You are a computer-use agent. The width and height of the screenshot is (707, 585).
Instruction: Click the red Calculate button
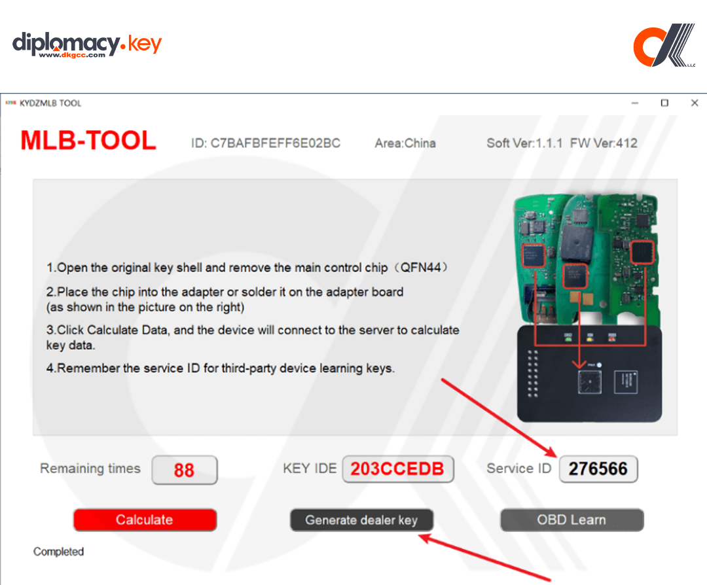point(145,520)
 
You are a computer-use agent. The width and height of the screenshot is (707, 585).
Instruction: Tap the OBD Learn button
point(571,520)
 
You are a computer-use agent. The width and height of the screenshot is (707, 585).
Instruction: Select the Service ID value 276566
point(598,469)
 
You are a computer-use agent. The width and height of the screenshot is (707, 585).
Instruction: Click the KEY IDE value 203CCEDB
point(397,469)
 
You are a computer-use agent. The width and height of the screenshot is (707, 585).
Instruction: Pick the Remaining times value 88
point(184,470)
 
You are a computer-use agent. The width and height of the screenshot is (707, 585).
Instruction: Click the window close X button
point(695,103)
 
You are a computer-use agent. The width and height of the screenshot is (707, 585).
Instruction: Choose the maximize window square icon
point(664,103)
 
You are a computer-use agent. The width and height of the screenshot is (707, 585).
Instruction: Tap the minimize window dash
point(634,103)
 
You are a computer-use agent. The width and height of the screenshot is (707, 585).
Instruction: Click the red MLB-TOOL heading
point(88,141)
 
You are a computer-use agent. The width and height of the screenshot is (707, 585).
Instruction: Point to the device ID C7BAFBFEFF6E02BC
point(266,143)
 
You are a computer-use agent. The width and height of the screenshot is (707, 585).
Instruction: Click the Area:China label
point(405,143)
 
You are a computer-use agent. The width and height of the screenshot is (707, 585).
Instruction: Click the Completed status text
point(58,552)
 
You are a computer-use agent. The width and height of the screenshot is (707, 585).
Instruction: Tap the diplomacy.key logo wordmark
point(87,44)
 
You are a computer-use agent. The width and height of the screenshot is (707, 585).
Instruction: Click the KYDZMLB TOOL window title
point(50,103)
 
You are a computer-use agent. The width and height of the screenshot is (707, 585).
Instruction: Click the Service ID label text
point(519,469)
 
